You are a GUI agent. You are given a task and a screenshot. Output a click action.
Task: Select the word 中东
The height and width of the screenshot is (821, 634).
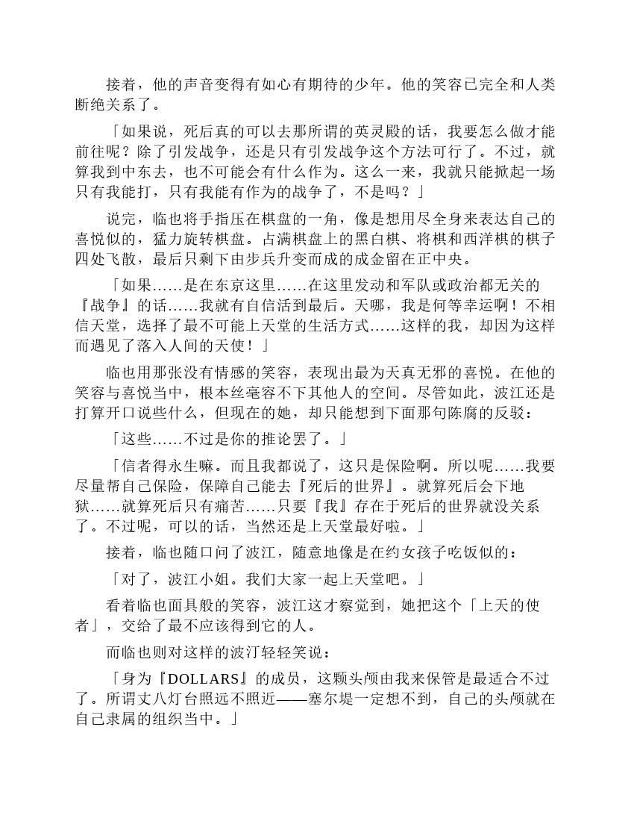coord(166,172)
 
